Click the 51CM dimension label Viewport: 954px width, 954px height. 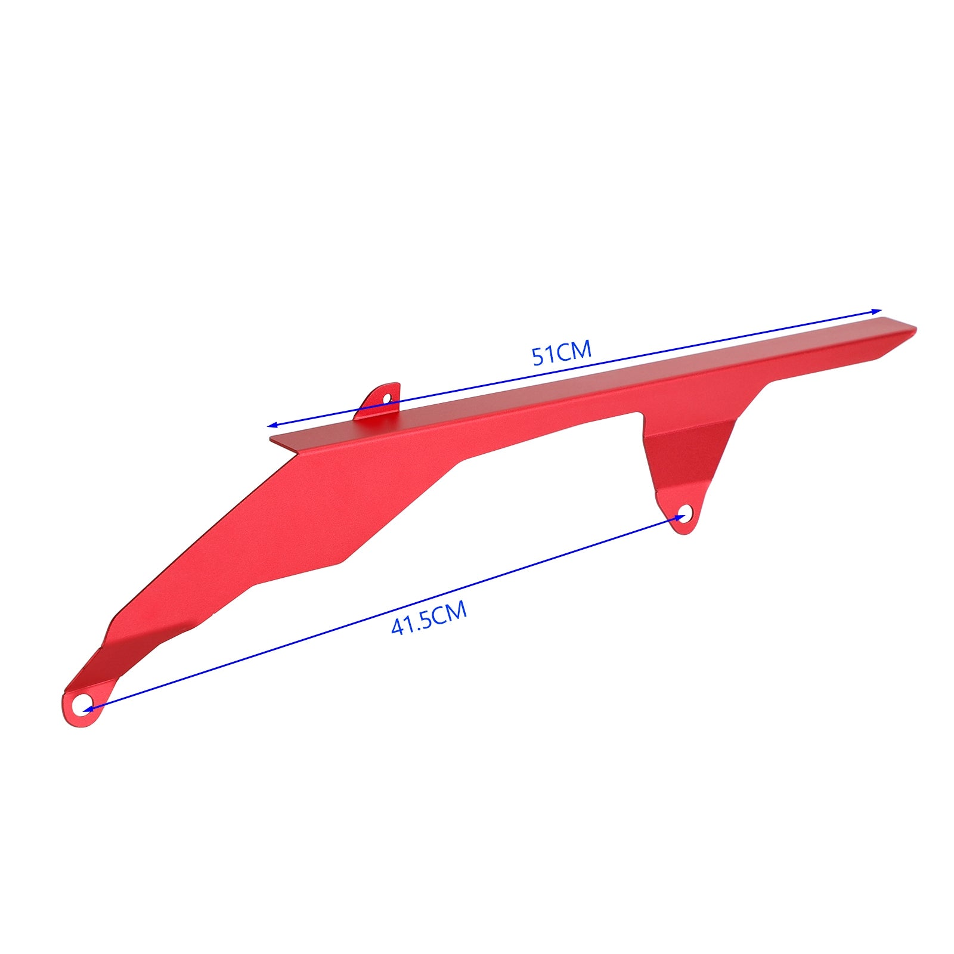click(x=562, y=352)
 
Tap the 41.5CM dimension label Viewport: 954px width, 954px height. click(x=429, y=619)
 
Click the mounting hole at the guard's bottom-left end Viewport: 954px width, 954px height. click(x=80, y=705)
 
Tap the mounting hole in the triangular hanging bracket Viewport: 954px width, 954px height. click(x=686, y=512)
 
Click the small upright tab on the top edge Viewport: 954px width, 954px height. click(x=378, y=403)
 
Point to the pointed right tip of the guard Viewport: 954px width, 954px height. click(x=913, y=329)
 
